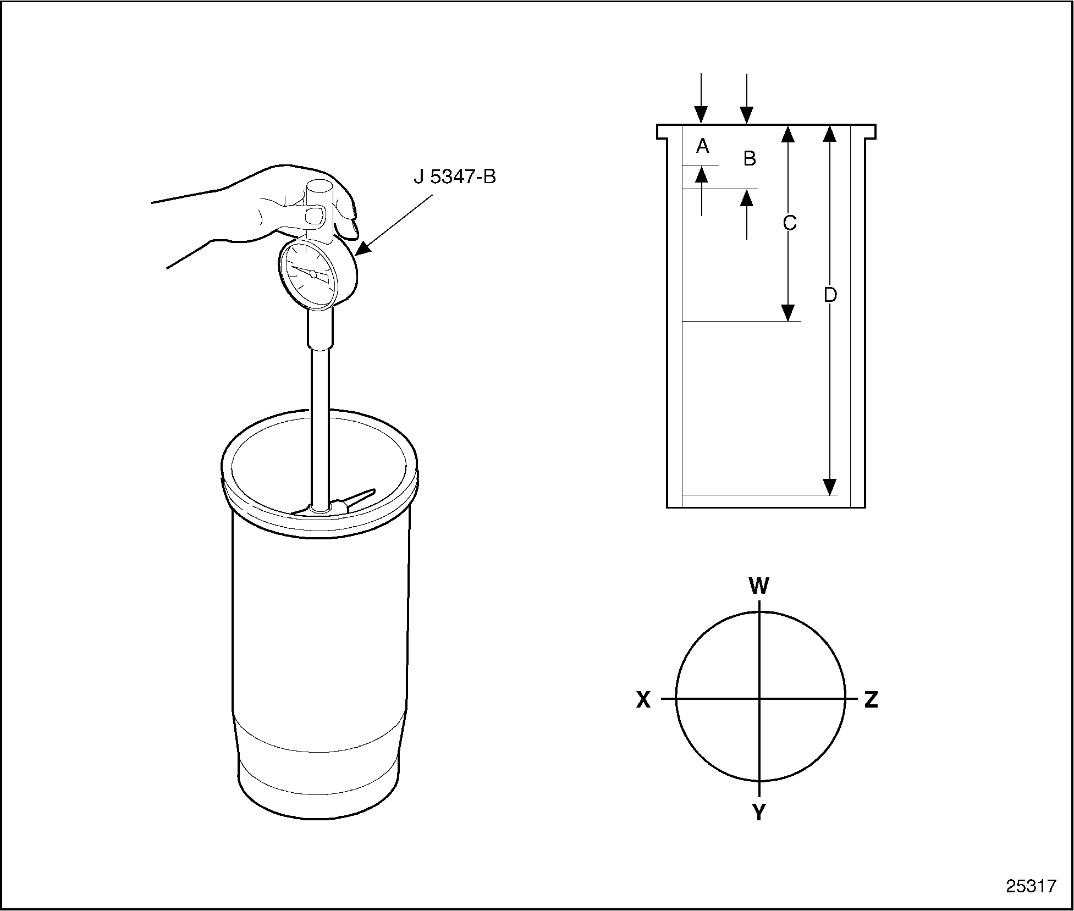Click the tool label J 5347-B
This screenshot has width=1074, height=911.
click(455, 178)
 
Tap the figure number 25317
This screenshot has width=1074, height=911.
click(1032, 886)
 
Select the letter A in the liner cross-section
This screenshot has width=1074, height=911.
click(702, 146)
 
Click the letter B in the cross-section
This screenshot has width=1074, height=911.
click(750, 158)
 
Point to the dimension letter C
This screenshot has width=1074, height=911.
click(790, 223)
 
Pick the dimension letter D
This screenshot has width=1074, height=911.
click(830, 295)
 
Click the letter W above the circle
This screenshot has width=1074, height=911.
click(759, 586)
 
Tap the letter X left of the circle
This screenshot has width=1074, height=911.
click(643, 699)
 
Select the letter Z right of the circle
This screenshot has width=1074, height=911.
click(871, 699)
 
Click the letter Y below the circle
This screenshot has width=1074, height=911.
click(759, 811)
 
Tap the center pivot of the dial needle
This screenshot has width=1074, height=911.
click(313, 273)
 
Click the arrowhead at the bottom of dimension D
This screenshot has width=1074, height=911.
click(830, 486)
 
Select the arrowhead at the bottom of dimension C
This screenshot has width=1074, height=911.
click(789, 312)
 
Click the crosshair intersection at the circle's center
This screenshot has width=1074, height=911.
click(759, 699)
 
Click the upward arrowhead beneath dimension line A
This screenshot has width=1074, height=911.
click(702, 174)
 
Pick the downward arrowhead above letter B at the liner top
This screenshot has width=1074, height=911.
click(746, 114)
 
